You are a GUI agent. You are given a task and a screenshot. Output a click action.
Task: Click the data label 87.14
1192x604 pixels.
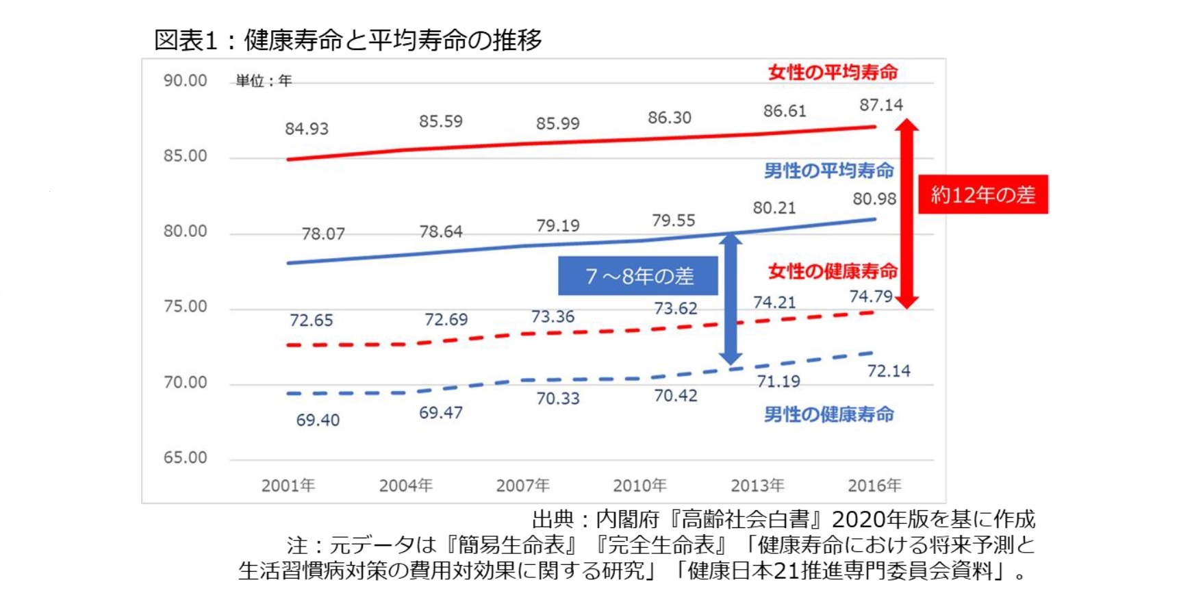point(880,105)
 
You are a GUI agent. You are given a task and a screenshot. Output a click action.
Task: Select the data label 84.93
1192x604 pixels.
point(307,129)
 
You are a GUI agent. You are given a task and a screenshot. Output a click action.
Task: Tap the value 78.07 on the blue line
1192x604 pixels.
point(323,234)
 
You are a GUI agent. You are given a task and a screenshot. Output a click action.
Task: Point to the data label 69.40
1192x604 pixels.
point(318,420)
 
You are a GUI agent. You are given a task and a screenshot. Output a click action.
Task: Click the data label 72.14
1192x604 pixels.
point(889,370)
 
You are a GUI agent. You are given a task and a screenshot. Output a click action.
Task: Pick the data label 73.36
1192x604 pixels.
point(553,316)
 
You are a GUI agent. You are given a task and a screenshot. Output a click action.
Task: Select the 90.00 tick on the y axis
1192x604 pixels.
point(185,81)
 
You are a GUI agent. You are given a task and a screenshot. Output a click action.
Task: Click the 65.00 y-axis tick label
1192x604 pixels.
point(185,457)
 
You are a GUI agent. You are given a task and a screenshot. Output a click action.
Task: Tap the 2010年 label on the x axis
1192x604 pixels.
point(639,486)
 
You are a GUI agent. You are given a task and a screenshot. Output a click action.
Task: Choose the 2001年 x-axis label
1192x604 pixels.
point(288,486)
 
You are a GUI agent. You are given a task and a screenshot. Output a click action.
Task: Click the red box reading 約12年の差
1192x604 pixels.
point(982,194)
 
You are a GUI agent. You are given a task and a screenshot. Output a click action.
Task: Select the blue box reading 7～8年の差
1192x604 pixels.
point(638,276)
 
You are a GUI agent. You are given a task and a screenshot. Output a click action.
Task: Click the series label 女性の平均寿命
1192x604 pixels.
point(833,72)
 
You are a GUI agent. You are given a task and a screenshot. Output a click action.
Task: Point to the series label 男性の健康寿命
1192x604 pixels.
point(828,414)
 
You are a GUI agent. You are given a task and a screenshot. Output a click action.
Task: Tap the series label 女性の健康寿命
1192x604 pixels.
point(833,271)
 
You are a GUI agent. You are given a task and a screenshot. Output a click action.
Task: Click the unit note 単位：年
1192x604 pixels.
point(264,81)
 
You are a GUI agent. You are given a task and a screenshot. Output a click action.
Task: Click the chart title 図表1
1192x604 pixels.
point(185,40)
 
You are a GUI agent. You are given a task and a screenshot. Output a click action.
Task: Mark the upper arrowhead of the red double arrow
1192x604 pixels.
point(906,125)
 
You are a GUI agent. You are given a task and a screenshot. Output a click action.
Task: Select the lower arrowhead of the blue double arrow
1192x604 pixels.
point(731,358)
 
